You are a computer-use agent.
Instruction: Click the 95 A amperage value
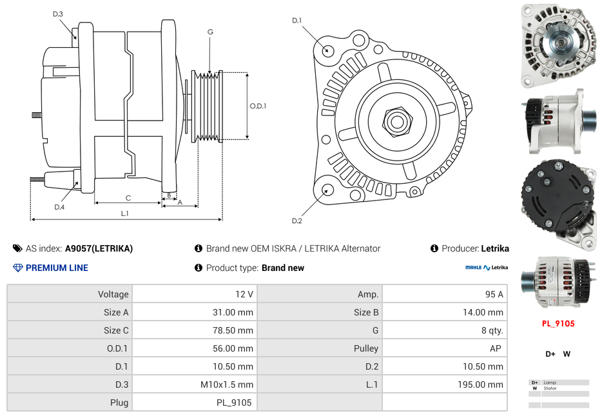(494, 294)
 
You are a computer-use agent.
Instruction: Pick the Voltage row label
(113, 294)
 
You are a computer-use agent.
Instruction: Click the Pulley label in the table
(366, 348)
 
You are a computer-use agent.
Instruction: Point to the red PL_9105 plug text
(558, 324)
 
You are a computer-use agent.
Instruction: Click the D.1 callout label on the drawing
(296, 21)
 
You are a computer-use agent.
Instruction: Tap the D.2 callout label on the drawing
(296, 221)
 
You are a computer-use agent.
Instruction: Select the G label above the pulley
(210, 32)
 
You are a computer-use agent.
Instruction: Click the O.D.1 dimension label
(258, 106)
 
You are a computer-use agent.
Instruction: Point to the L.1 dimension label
(125, 214)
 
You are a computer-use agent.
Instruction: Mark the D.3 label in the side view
(58, 14)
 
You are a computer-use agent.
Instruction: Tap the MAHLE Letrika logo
(486, 268)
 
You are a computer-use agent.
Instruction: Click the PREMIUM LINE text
(57, 268)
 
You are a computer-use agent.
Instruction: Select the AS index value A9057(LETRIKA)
(99, 248)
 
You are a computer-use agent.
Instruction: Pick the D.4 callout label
(59, 207)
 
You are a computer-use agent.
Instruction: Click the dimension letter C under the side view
(128, 198)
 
